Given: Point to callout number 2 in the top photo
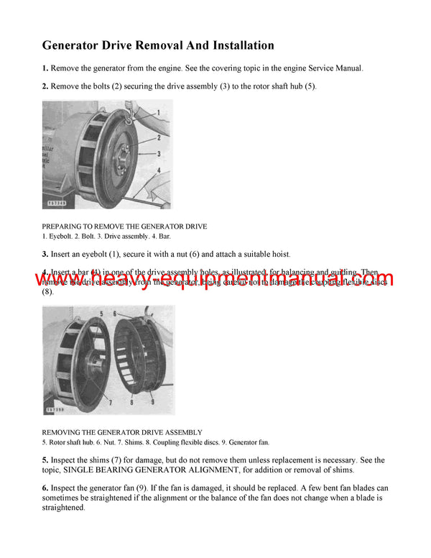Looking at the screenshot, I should point(159,137).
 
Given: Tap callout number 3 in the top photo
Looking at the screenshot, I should point(159,153).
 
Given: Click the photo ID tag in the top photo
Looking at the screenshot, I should point(56,203).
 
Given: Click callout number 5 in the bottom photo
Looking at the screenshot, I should point(103,314).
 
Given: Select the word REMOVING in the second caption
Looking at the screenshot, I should point(63,432).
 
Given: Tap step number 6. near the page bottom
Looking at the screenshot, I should point(45,488).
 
